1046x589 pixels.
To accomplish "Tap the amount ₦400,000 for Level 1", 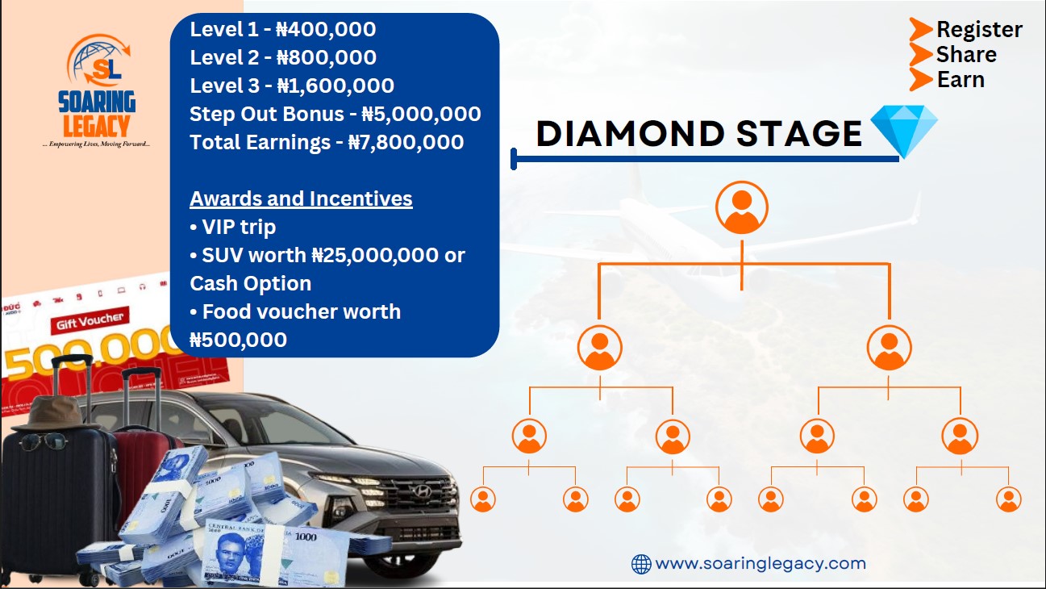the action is click(x=326, y=29).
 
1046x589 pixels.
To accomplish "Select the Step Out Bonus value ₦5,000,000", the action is click(x=421, y=114).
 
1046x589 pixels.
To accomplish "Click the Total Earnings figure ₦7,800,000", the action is click(x=406, y=142).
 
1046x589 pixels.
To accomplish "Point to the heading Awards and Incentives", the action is click(x=301, y=198).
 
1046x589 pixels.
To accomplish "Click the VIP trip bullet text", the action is click(x=233, y=227).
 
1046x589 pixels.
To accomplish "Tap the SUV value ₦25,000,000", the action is click(x=375, y=255).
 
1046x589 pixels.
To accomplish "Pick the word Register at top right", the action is click(x=979, y=30).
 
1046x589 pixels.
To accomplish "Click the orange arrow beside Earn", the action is click(x=921, y=79).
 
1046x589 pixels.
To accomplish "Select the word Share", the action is click(x=966, y=55).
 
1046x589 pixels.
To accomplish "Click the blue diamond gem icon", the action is click(x=904, y=131).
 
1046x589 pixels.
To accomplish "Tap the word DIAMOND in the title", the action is click(x=631, y=134).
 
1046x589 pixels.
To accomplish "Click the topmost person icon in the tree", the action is click(x=741, y=207).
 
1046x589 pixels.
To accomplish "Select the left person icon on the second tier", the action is click(x=599, y=348).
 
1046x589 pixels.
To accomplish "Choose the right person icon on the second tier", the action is click(x=889, y=348).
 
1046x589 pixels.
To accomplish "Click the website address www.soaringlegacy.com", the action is click(x=761, y=563).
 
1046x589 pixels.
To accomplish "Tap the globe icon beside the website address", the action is click(x=641, y=564).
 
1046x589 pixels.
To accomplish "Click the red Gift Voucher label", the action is click(x=90, y=321).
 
